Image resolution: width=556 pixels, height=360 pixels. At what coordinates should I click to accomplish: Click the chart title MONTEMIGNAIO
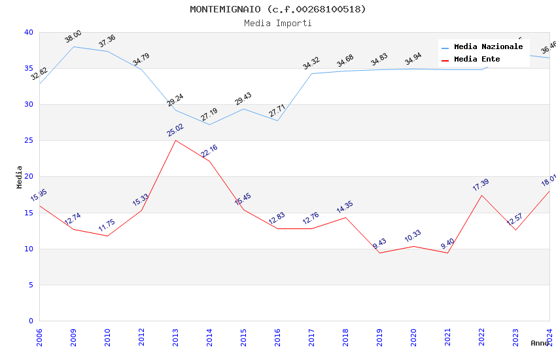tap(277, 9)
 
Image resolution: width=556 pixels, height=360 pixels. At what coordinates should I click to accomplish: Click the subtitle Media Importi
tap(277, 23)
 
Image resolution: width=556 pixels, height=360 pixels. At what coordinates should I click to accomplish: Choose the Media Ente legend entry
tap(477, 60)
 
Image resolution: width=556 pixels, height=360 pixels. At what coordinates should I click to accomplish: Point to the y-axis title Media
tap(19, 177)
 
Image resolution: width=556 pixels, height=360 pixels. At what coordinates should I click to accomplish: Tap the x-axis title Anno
tap(540, 343)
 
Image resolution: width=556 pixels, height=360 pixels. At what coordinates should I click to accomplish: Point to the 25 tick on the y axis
tap(28, 141)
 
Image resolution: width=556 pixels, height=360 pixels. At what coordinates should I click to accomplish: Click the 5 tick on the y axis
tap(30, 285)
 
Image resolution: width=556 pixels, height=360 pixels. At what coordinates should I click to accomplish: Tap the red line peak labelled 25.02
tap(175, 140)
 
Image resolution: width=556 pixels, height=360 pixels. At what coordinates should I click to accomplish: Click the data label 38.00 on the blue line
tap(73, 37)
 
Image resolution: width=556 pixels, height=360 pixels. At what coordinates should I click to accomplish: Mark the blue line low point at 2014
tap(209, 124)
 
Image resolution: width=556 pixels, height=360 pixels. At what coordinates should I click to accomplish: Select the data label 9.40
tap(447, 243)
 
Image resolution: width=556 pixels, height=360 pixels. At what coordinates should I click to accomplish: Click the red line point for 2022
tap(481, 195)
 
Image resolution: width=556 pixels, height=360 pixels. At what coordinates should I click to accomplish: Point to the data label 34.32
tap(311, 63)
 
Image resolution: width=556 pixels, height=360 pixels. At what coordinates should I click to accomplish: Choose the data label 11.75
tap(107, 226)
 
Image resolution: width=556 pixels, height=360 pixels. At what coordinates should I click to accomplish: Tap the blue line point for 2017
tap(311, 73)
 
